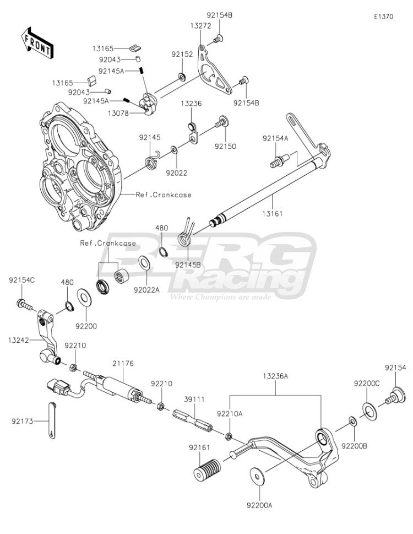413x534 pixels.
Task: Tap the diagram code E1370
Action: tap(383, 17)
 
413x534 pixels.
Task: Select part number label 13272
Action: tap(200, 26)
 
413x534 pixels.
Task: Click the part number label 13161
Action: tap(273, 214)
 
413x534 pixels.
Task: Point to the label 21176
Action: tap(123, 364)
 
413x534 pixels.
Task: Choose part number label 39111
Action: tap(194, 399)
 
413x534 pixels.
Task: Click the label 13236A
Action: tap(275, 376)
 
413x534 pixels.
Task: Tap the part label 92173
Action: tap(23, 421)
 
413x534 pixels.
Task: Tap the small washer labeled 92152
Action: tap(182, 77)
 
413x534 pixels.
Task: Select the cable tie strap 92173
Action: tap(51, 420)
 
